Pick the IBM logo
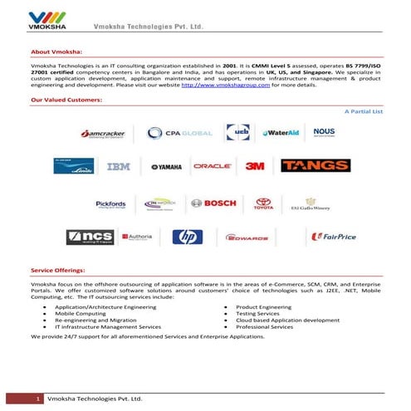click(x=119, y=166)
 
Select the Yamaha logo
click(x=165, y=167)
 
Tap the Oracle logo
click(x=212, y=166)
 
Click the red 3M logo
click(x=255, y=166)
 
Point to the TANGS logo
click(x=315, y=166)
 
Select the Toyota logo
click(x=263, y=203)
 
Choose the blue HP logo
click(x=187, y=237)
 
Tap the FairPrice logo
click(x=333, y=237)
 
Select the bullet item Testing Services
click(x=262, y=313)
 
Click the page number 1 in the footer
click(x=38, y=400)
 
